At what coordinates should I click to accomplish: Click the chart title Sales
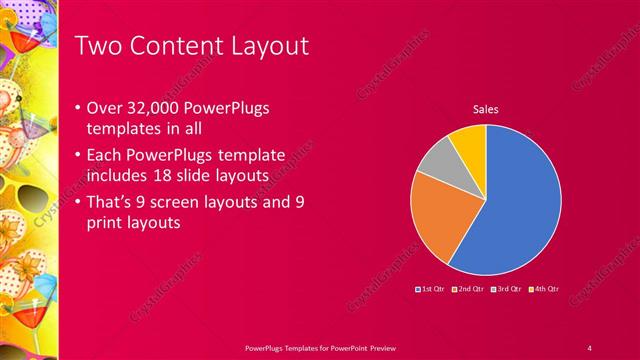coord(485,109)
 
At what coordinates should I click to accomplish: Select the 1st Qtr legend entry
coord(431,289)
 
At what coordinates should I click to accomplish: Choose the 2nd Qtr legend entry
coord(469,289)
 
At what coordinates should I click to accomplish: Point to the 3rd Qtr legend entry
coord(506,289)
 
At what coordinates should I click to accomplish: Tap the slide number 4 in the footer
coord(589,347)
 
